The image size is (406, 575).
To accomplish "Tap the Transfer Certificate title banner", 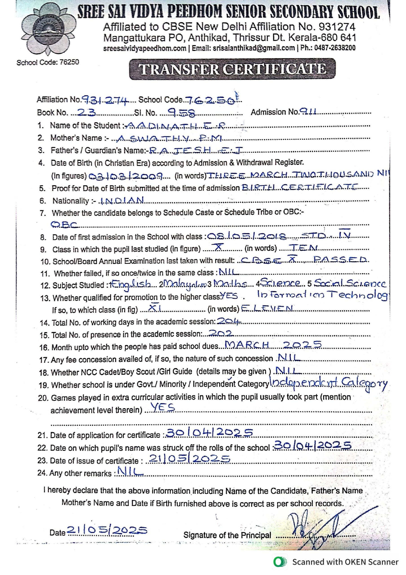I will click(232, 69).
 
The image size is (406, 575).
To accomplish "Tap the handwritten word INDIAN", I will click(122, 200).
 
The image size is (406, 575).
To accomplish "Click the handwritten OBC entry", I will click(65, 224).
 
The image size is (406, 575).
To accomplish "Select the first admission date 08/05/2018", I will click(247, 236).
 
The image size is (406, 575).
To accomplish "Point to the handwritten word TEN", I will click(303, 248).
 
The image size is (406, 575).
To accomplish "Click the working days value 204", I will click(229, 321).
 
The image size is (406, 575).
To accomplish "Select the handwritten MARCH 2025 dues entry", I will click(273, 345).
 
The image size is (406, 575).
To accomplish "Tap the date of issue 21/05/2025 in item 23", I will click(189, 459).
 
